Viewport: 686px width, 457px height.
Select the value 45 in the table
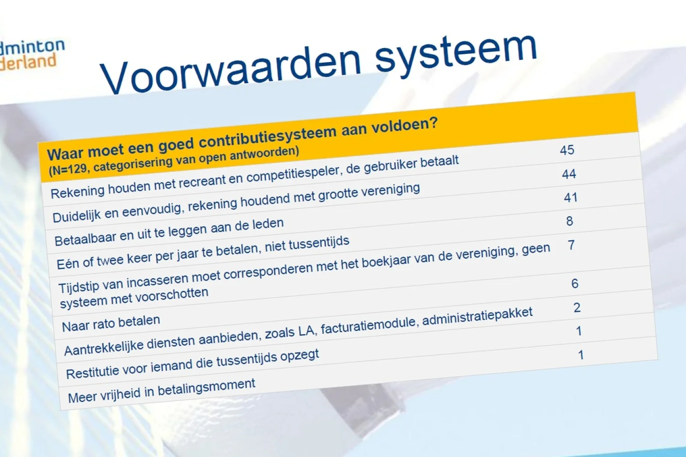[x=567, y=150]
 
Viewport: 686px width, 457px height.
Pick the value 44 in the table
[x=569, y=174]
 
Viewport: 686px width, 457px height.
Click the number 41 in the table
[x=571, y=198]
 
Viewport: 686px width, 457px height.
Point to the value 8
[x=569, y=222]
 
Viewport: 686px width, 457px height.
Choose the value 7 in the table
[x=571, y=245]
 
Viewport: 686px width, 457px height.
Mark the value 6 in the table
[x=575, y=284]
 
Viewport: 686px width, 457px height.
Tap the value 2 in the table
[x=577, y=308]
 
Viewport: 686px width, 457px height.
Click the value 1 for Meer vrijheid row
[x=581, y=355]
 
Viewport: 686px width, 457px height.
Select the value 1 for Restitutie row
[x=579, y=331]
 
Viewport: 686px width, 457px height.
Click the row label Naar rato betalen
[x=111, y=324]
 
